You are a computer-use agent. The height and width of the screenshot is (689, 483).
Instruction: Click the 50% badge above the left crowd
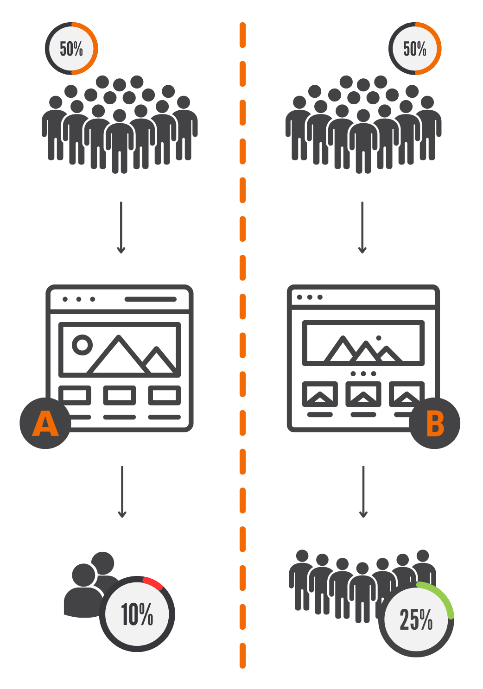pyautogui.click(x=71, y=49)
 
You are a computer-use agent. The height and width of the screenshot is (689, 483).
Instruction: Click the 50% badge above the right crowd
pyautogui.click(x=414, y=49)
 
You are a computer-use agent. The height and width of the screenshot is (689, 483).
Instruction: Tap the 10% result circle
pyautogui.click(x=137, y=614)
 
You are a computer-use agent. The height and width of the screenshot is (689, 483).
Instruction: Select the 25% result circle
pyautogui.click(x=416, y=619)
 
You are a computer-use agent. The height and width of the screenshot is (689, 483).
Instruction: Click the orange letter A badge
pyautogui.click(x=45, y=424)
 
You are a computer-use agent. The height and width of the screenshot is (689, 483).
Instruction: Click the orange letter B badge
pyautogui.click(x=434, y=424)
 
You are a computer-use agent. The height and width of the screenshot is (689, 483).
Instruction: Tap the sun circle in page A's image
pyautogui.click(x=82, y=345)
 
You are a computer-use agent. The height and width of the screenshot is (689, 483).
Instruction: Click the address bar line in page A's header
pyautogui.click(x=151, y=299)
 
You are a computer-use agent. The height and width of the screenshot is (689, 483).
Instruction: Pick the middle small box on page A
pyautogui.click(x=120, y=395)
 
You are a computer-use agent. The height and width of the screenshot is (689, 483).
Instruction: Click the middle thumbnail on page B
pyautogui.click(x=363, y=394)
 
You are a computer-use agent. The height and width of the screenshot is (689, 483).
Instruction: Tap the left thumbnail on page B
pyautogui.click(x=320, y=394)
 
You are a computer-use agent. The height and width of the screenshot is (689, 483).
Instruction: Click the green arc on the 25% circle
pyautogui.click(x=440, y=595)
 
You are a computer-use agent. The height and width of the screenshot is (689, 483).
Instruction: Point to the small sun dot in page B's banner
pyautogui.click(x=379, y=338)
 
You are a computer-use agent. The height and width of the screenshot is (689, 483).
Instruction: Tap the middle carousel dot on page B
pyautogui.click(x=363, y=373)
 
